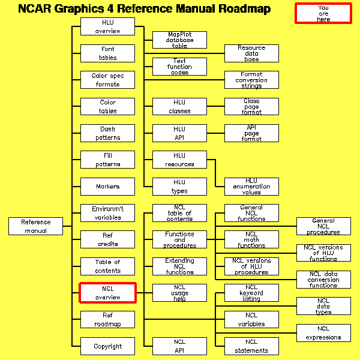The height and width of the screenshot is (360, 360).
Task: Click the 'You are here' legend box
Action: (323, 13)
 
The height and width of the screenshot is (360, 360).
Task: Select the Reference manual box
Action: (35, 226)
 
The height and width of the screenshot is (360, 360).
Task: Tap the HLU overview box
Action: (107, 27)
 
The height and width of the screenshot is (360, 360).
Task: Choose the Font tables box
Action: (107, 53)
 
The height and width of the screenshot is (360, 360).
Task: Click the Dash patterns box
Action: (107, 133)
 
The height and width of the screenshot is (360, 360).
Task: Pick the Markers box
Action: (107, 187)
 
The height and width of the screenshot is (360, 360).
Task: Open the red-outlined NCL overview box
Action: (107, 293)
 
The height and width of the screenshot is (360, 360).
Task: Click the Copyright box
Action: (107, 346)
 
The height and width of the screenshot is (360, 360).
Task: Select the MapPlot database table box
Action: (179, 40)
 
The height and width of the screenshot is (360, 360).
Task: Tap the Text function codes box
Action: (179, 67)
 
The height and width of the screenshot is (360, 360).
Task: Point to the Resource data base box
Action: (251, 53)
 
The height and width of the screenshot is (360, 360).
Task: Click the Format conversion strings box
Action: (251, 80)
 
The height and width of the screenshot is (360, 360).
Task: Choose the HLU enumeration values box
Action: (251, 187)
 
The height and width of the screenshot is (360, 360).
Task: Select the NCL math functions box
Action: (251, 239)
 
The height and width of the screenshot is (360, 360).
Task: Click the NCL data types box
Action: (323, 306)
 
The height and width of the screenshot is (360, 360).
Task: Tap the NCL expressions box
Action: (323, 333)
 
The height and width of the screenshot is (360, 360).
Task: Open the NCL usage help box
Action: (179, 293)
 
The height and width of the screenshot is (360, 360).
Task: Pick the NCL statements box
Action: (251, 346)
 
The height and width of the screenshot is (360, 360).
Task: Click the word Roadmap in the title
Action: (237, 9)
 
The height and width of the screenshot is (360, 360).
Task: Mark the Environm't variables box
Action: (107, 213)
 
